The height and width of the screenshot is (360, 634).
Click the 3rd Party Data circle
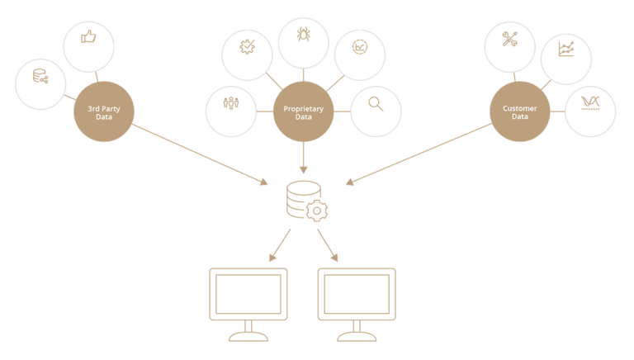(x=104, y=111)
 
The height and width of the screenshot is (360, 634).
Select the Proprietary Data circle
(x=303, y=111)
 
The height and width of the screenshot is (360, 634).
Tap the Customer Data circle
(x=519, y=111)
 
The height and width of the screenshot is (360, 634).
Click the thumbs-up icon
(x=88, y=36)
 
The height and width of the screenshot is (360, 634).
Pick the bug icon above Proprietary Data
(x=303, y=36)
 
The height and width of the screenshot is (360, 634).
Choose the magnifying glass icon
(x=376, y=104)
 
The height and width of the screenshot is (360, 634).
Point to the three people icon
(x=230, y=104)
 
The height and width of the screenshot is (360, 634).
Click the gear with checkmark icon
(x=247, y=46)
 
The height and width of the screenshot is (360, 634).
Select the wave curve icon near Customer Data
(x=590, y=102)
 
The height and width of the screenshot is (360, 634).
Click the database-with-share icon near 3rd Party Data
(x=40, y=77)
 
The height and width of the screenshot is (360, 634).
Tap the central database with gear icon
(x=305, y=201)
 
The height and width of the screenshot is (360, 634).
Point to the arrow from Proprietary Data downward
(x=303, y=157)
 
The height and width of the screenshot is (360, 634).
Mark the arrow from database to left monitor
(x=281, y=244)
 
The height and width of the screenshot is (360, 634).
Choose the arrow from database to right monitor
(x=328, y=244)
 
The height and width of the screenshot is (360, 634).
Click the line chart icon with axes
(x=565, y=49)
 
